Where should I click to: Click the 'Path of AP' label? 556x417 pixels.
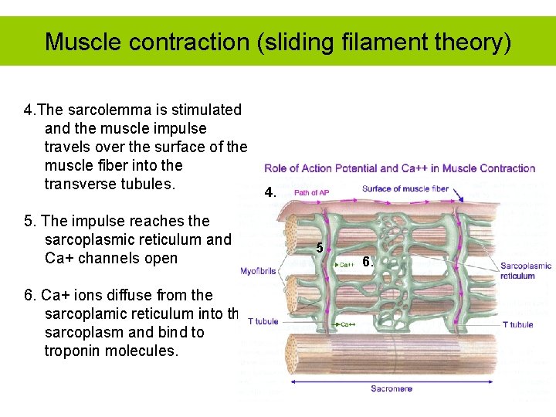point(312,192)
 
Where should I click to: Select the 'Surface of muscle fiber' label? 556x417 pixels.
point(405,189)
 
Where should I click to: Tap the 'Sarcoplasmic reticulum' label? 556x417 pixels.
point(526,271)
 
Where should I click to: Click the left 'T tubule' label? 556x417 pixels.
point(263,321)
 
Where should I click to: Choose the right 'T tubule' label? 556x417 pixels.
point(517,324)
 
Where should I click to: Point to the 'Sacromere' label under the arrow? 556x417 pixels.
point(391,388)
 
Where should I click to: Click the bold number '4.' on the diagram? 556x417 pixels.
point(269,192)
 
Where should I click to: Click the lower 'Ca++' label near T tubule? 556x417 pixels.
point(348,324)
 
